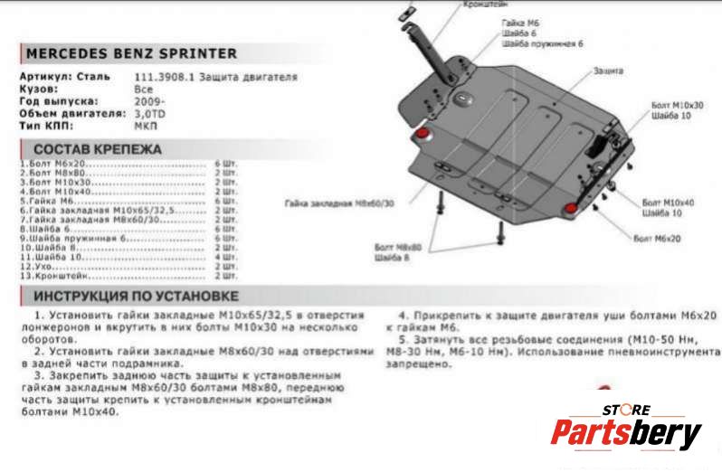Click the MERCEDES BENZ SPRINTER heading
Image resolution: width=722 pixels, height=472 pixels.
pyautogui.click(x=131, y=53)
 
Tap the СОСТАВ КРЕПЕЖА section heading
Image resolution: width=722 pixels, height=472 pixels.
pyautogui.click(x=98, y=149)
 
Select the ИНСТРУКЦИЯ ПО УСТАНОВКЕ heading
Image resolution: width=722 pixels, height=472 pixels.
pyautogui.click(x=136, y=296)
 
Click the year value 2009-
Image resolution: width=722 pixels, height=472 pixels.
pyautogui.click(x=149, y=102)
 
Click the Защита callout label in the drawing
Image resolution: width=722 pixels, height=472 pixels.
pyautogui.click(x=608, y=70)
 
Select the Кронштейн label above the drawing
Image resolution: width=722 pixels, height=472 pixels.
pyautogui.click(x=485, y=5)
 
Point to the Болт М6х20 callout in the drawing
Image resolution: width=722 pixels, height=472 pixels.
pyautogui.click(x=656, y=238)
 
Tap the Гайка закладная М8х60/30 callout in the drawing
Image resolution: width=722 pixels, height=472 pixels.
pyautogui.click(x=340, y=203)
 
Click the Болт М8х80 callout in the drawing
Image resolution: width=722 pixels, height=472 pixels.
pyautogui.click(x=397, y=246)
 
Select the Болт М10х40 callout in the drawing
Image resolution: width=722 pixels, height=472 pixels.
pyautogui.click(x=668, y=203)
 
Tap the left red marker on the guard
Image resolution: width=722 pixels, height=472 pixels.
pyautogui.click(x=421, y=136)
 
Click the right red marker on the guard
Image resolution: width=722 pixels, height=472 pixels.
pyautogui.click(x=572, y=210)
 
